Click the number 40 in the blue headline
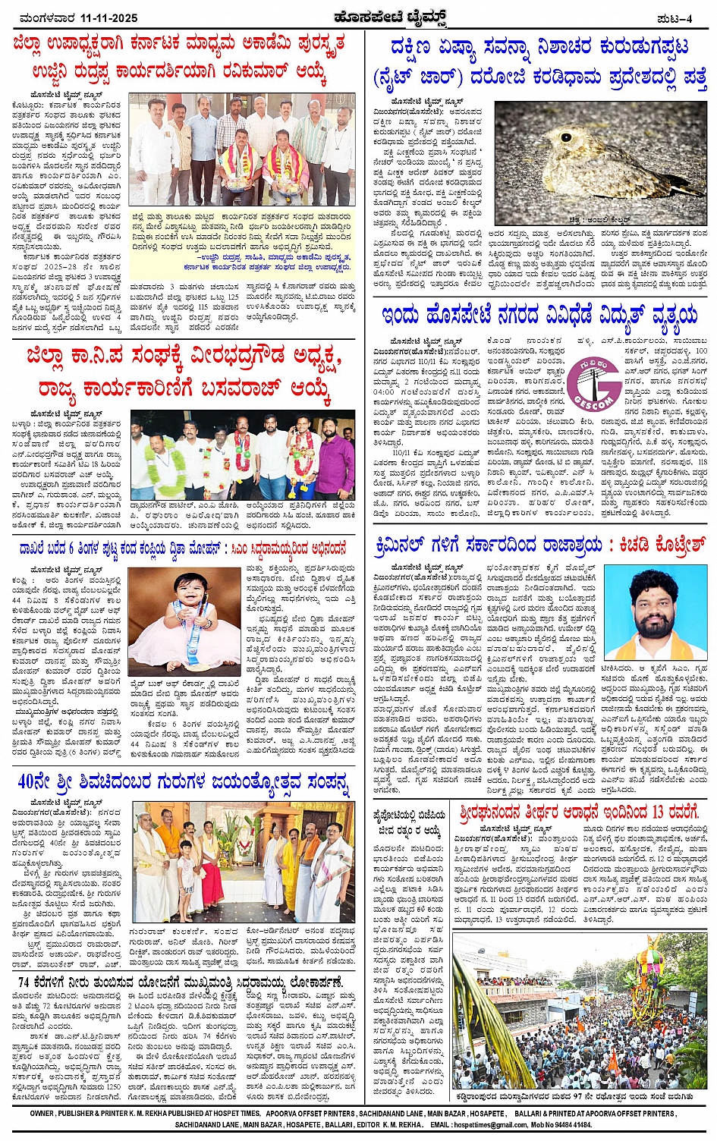coord(31,781)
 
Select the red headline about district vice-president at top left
coord(179,59)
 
